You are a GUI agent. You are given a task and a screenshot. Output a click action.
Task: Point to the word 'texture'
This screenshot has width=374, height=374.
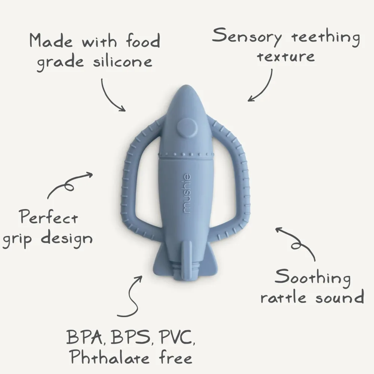coord(286,56)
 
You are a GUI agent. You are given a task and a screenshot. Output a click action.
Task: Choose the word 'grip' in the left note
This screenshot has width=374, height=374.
coord(17,239)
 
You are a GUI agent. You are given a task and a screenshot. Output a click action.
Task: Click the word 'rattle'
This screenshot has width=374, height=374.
coord(283,297)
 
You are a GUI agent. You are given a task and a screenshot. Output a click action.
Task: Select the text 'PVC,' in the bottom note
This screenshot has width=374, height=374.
coord(178,337)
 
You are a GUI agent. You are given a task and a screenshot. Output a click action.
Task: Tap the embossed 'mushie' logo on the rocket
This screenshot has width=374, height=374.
coord(187,193)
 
